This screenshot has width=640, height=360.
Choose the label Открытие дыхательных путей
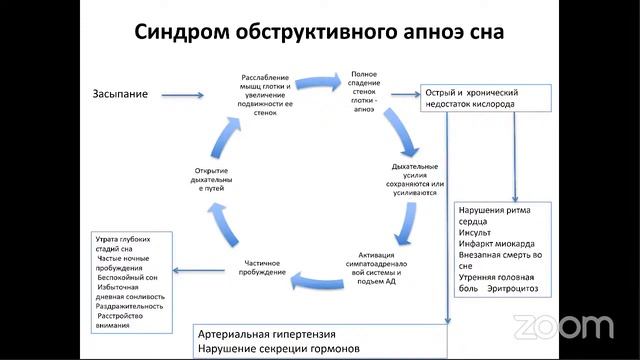pyautogui.click(x=217, y=178)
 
